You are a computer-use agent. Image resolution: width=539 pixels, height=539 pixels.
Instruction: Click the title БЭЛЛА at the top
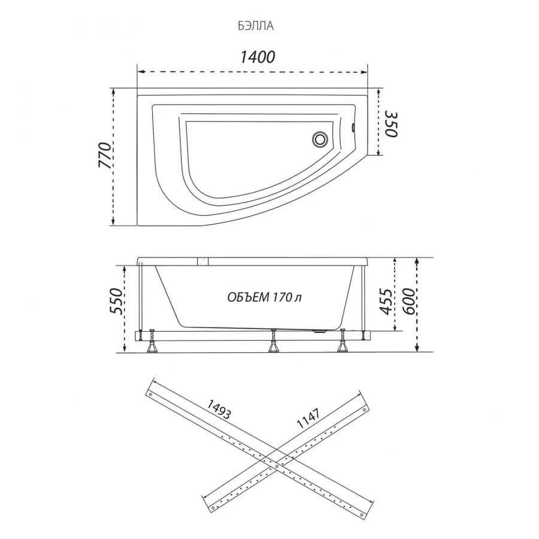tap(256, 26)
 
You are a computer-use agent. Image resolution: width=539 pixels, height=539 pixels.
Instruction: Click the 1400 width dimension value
tap(258, 57)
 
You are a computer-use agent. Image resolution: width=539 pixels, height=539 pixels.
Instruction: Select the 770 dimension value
tap(105, 155)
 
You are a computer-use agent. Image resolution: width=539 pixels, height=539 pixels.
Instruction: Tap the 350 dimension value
tap(391, 124)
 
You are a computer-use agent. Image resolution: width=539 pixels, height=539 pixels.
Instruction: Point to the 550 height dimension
tap(116, 301)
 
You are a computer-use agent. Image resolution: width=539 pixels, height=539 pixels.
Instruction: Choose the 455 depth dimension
tap(386, 301)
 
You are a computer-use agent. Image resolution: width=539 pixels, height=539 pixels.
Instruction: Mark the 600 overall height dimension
tap(408, 301)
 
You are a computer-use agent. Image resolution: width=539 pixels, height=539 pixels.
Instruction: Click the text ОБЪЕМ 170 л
tap(265, 297)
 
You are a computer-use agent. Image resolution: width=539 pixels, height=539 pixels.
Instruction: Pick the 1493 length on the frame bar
tap(219, 410)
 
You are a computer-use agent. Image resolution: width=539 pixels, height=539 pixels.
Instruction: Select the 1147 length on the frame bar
tap(308, 418)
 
